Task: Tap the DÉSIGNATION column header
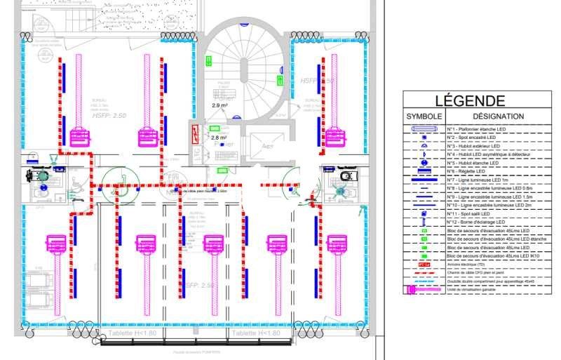[x=488, y=116]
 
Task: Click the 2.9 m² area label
[x=220, y=105]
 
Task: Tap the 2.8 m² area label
[x=219, y=138]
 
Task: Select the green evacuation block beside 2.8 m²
[x=214, y=129]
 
